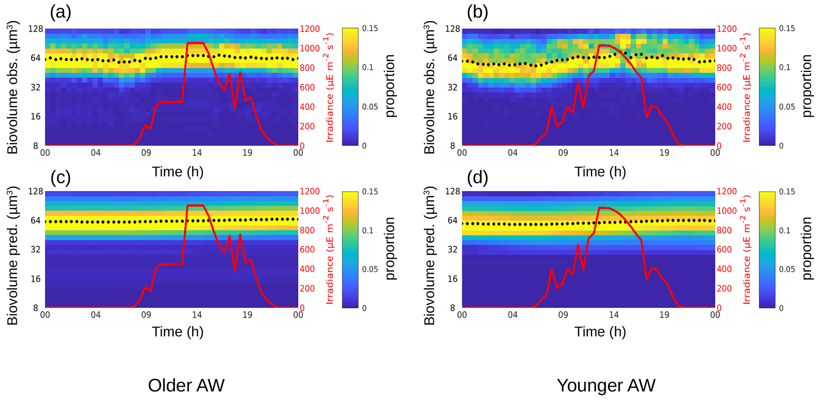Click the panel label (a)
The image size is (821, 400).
pos(60,12)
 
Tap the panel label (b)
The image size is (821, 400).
pos(477,12)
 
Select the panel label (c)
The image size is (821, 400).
pos(60,178)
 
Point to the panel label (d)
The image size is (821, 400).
pos(477,178)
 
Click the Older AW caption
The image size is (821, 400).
pos(186,385)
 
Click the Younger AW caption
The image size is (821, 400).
pos(606,385)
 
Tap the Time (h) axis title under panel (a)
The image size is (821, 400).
pos(178,171)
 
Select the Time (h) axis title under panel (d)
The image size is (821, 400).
pos(600,331)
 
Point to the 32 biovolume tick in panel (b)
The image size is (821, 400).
pos(453,87)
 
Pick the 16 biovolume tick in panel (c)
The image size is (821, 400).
pos(36,279)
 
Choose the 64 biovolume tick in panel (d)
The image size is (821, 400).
pos(453,221)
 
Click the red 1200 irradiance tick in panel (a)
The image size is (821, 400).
pos(310,29)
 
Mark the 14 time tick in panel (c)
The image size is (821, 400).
pos(197,315)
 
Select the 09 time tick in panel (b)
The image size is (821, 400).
pos(563,153)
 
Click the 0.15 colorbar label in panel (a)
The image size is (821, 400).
pos(370,29)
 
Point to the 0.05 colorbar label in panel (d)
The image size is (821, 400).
pos(787,269)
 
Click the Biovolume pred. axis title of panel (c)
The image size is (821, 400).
pos(13,256)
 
